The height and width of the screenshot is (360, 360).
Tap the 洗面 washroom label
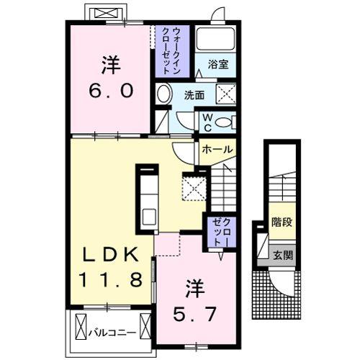(x=193, y=94)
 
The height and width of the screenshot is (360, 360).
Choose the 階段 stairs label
(x=282, y=222)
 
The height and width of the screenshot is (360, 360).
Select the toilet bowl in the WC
(x=225, y=121)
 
